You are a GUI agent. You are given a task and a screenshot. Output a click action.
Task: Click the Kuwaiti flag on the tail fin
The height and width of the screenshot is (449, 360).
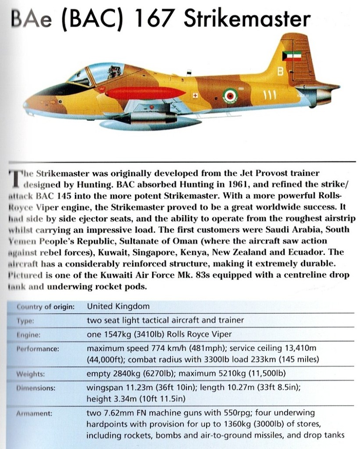point(290,56)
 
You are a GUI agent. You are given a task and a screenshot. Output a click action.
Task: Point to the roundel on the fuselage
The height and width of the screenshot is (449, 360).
point(230,95)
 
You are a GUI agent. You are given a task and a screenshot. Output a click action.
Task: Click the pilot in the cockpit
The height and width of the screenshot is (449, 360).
point(115,71)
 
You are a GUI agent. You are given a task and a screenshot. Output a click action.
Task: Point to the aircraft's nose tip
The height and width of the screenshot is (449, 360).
point(26,106)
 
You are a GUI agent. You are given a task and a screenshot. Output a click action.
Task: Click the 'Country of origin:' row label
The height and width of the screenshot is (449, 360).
point(46,306)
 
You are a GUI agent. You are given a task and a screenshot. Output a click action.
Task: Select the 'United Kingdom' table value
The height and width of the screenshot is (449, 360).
point(118,306)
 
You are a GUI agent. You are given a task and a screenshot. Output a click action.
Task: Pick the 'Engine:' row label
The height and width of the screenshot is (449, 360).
point(29,335)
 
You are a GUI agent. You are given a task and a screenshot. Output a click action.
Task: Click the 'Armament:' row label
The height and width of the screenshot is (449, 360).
point(34,413)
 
